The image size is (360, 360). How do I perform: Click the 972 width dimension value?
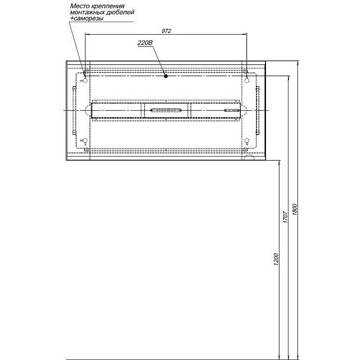coord(166,31)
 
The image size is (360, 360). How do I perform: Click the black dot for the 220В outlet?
coord(166,76)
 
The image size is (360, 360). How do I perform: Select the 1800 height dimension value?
coord(295,210)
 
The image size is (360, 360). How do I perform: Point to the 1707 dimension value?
coord(285,217)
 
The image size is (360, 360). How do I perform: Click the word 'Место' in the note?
coord(79,6)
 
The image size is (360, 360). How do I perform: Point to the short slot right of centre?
coord(232,110)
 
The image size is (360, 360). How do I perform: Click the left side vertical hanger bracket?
coord(74,110)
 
